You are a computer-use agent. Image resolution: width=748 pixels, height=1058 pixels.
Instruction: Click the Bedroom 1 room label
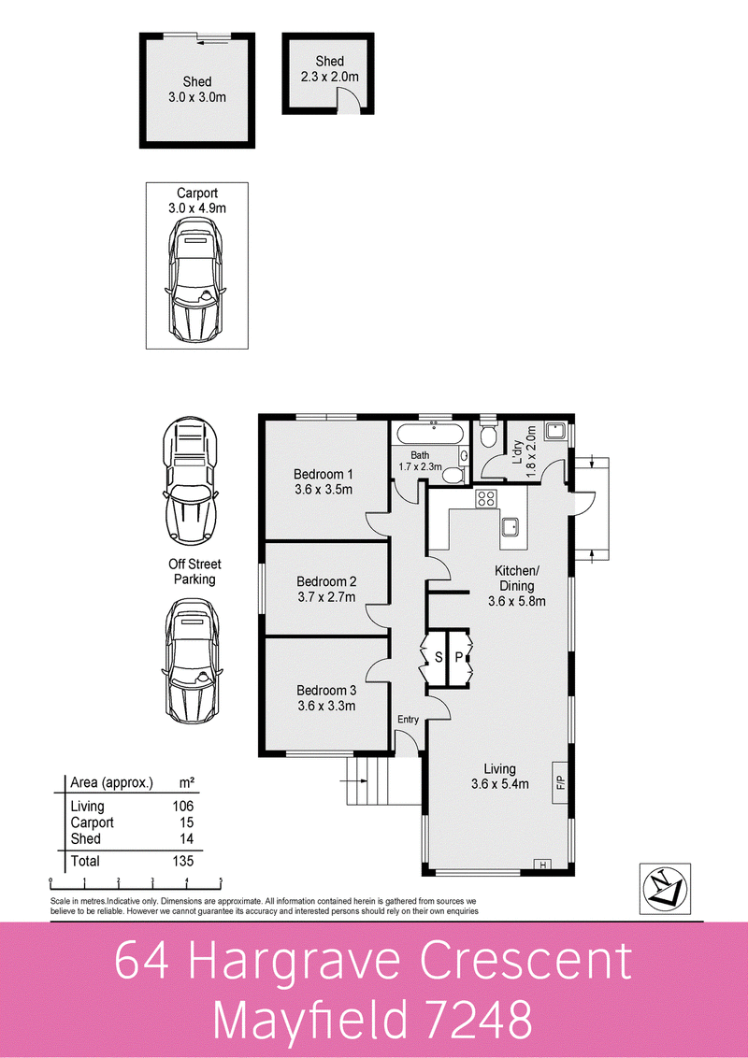pyautogui.click(x=323, y=472)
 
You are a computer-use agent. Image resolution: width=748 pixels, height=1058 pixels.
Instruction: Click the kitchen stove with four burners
pyautogui.click(x=486, y=498)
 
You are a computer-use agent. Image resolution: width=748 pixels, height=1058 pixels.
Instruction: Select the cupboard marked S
pyautogui.click(x=438, y=658)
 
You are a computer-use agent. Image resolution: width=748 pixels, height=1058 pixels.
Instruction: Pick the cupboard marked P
pyautogui.click(x=460, y=658)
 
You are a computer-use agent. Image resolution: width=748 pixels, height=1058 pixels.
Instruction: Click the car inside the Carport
pyautogui.click(x=196, y=287)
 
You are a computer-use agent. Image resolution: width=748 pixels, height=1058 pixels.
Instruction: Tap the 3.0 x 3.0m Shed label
pyautogui.click(x=196, y=89)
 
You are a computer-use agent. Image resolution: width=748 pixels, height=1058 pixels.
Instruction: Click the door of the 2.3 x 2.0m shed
pyautogui.click(x=347, y=98)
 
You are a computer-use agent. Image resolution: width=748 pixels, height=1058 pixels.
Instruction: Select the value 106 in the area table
pyautogui.click(x=182, y=806)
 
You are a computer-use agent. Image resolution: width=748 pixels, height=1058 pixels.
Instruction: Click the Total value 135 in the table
pyautogui.click(x=182, y=860)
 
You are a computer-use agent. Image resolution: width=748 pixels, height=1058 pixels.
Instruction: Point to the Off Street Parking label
pyautogui.click(x=194, y=572)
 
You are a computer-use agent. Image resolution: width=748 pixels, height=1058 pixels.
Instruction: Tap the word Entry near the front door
pyautogui.click(x=408, y=719)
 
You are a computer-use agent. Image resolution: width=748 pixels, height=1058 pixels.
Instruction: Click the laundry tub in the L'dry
pyautogui.click(x=556, y=433)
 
